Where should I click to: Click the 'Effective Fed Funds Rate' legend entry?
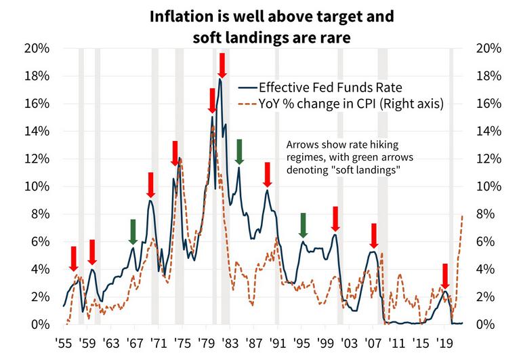[331, 87]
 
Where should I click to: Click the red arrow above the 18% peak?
[222, 65]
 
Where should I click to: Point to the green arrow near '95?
[303, 225]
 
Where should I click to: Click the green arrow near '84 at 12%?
[239, 151]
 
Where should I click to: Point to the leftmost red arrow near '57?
[74, 258]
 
